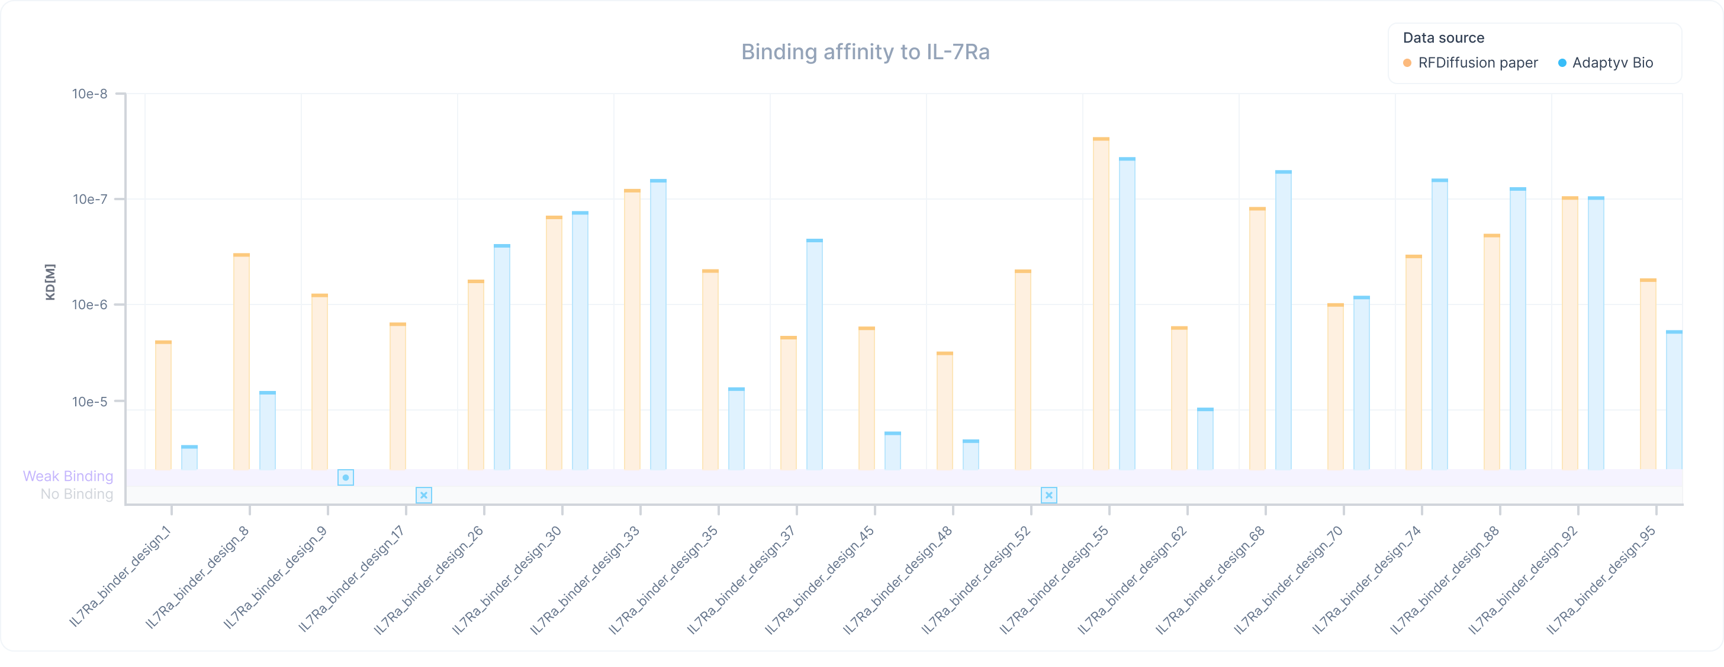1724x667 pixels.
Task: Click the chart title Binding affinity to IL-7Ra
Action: [865, 52]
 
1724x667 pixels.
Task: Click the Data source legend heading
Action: [1443, 38]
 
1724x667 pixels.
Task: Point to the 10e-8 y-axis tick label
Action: [89, 94]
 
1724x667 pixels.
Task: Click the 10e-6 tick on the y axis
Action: [89, 304]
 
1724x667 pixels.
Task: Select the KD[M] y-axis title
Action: [50, 282]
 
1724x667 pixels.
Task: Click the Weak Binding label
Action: [67, 476]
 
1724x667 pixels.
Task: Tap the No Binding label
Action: [76, 494]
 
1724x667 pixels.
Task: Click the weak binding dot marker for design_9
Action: [345, 477]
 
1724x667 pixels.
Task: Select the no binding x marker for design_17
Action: [424, 496]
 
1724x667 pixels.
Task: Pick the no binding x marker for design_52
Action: [1048, 496]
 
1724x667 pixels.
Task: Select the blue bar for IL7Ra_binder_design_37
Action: [815, 355]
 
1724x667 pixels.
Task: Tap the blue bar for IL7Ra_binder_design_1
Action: [189, 458]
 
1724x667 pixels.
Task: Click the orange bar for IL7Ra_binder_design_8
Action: [242, 361]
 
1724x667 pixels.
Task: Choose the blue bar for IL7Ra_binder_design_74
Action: [1440, 325]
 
